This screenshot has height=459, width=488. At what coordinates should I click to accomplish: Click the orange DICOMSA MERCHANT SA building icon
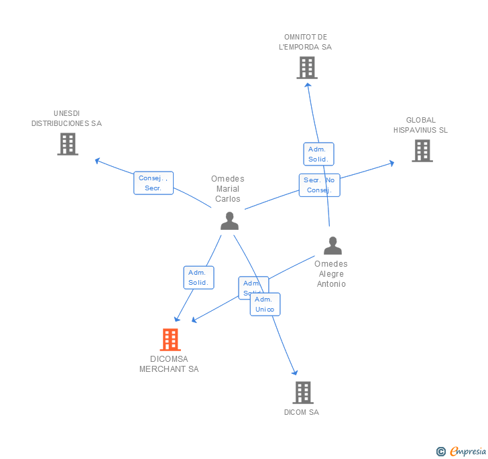(x=170, y=340)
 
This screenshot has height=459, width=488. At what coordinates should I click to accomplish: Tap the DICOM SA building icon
(x=302, y=393)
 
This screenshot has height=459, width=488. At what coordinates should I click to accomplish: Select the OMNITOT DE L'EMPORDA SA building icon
(x=306, y=68)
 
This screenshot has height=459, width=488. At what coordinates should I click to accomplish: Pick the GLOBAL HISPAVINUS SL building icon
(x=422, y=151)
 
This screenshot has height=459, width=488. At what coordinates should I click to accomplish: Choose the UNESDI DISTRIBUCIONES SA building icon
(x=68, y=144)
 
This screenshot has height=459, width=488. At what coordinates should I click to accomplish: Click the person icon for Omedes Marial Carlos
(x=229, y=220)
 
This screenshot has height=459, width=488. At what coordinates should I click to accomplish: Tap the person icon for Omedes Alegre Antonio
(x=332, y=246)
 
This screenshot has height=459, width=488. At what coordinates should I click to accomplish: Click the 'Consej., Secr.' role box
(x=154, y=183)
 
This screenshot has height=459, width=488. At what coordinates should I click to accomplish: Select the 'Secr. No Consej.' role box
(x=319, y=185)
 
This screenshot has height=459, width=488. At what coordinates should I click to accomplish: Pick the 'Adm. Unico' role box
(x=265, y=304)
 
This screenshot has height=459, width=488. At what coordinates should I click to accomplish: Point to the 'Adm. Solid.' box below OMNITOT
(x=318, y=154)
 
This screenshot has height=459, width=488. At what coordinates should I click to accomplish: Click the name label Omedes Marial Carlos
(x=228, y=189)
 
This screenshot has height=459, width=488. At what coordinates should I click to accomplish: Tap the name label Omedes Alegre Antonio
(x=331, y=274)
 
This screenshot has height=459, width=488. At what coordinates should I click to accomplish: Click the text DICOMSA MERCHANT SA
(x=169, y=364)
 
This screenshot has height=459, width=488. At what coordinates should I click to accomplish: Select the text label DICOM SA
(x=302, y=412)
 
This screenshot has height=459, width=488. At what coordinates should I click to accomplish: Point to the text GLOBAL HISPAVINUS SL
(x=420, y=125)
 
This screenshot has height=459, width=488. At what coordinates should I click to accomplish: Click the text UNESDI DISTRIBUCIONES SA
(x=66, y=119)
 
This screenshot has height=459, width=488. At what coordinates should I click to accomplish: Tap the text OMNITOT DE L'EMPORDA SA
(x=306, y=42)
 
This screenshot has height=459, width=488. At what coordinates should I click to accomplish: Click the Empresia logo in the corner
(x=462, y=452)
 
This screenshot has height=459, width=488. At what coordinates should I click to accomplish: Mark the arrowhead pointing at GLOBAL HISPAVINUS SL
(x=391, y=163)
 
